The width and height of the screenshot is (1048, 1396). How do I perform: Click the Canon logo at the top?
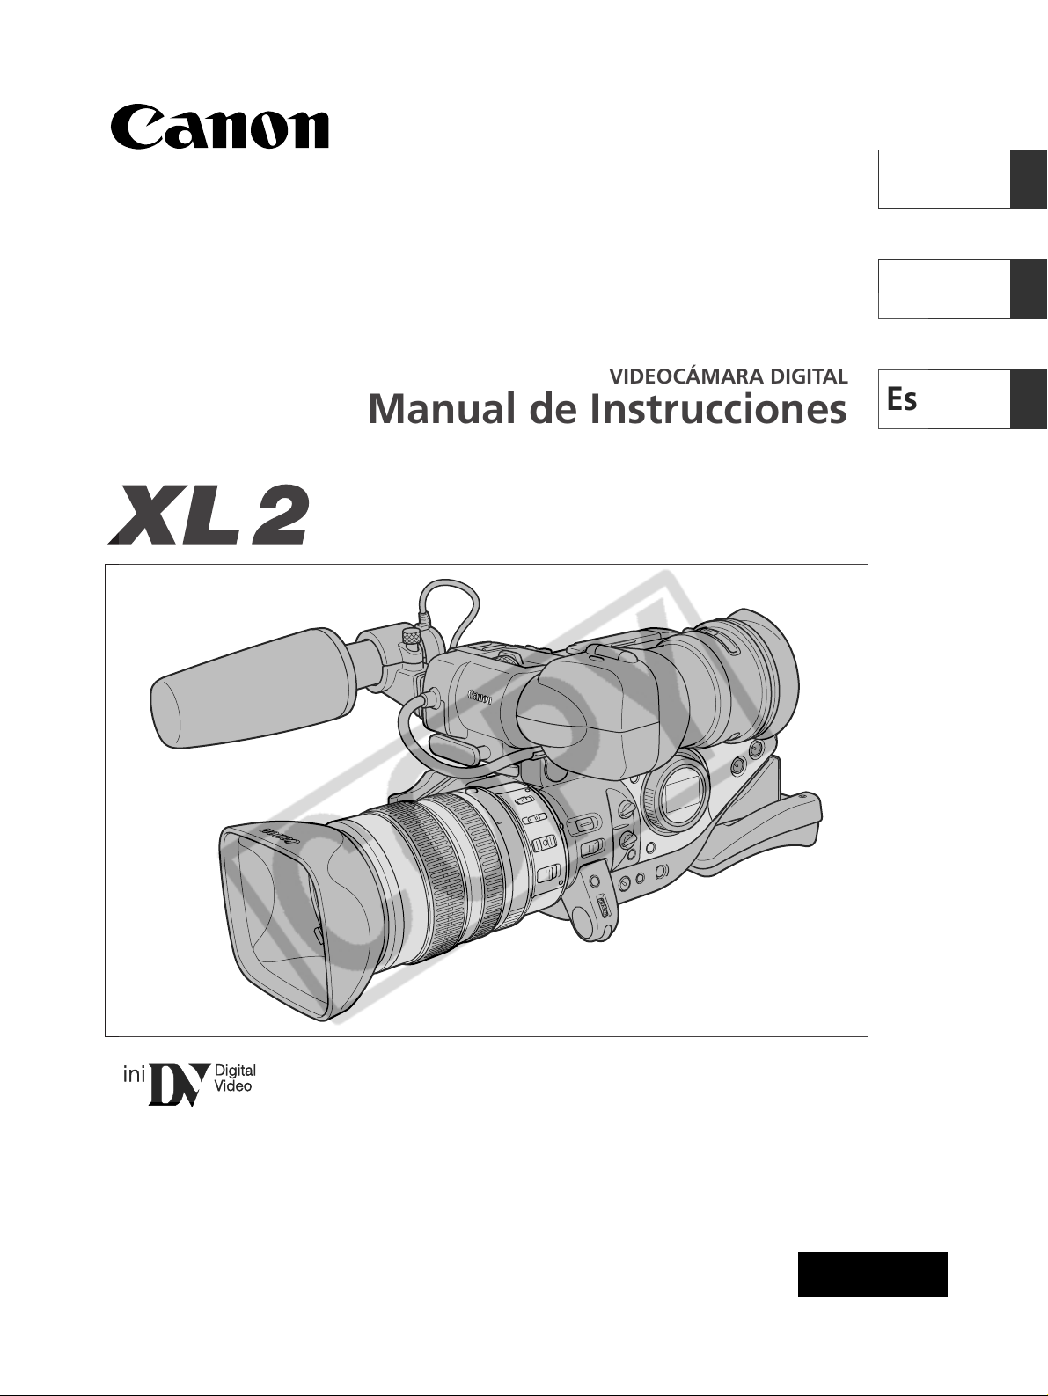(220, 127)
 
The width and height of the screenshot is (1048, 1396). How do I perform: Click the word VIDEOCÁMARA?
(687, 376)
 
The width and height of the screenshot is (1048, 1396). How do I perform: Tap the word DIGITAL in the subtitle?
(809, 376)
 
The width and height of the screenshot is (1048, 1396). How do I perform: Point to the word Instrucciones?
(718, 409)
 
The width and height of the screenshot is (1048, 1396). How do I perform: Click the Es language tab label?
(902, 398)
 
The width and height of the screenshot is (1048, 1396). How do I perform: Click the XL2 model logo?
(209, 515)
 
